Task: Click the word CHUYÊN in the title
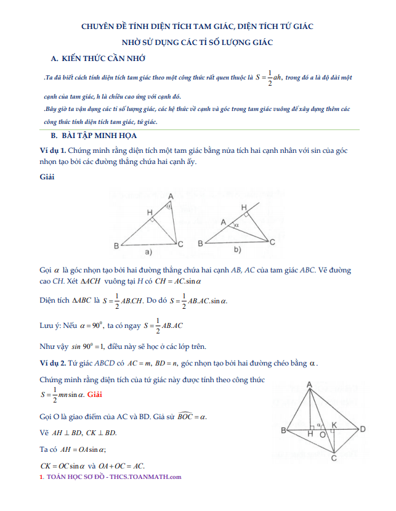coord(99,27)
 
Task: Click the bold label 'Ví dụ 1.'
coord(52,150)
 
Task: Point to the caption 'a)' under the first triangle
coord(148,252)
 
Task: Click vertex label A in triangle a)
coord(170,196)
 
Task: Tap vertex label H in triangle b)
coord(244,206)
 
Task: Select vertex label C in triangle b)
coord(272,243)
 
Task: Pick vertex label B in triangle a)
coord(116,246)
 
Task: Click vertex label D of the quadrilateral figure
coord(363,429)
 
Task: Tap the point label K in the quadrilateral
coord(334,425)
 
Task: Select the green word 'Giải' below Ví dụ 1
coord(47,177)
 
